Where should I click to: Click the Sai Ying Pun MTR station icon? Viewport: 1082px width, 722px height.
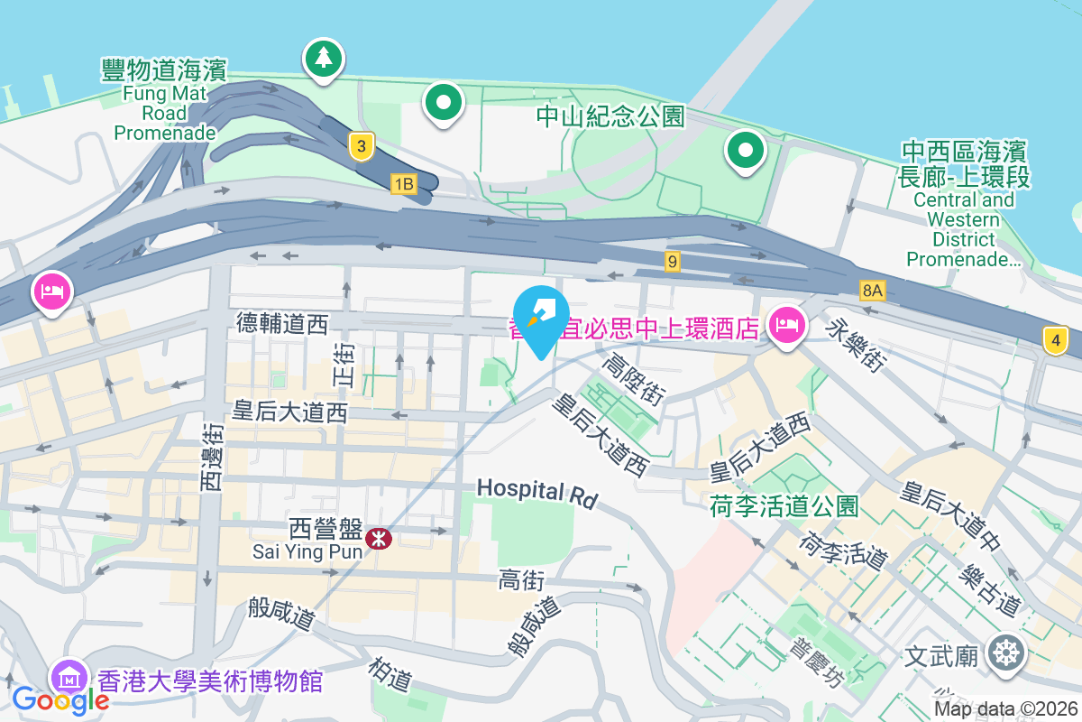point(378,540)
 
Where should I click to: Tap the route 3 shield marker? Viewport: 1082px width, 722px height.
point(361,146)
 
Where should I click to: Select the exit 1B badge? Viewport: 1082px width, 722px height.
point(403,184)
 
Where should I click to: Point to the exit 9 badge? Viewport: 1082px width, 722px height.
point(672,262)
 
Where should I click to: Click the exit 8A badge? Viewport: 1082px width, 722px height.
point(872,290)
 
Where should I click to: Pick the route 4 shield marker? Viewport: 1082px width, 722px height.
point(1055,341)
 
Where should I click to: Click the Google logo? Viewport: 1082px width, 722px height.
point(60,699)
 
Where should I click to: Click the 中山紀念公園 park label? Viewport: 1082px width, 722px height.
point(610,116)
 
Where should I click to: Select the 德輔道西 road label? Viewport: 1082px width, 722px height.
point(282,324)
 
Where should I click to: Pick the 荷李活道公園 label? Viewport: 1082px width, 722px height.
point(784,506)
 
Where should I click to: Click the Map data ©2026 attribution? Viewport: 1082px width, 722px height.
point(1005,709)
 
